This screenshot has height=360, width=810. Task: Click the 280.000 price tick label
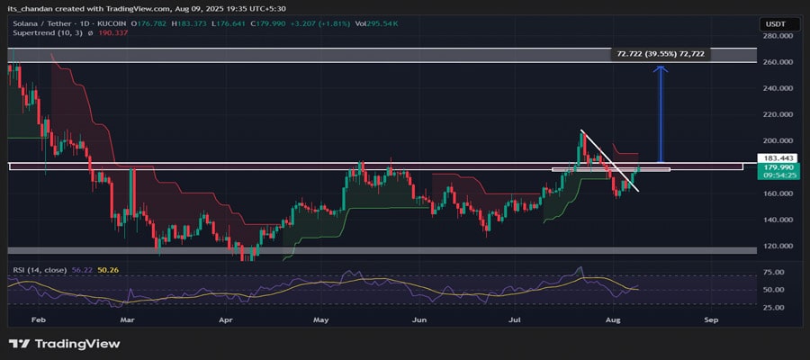(x=775, y=36)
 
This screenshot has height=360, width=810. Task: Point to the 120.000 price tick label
(x=775, y=246)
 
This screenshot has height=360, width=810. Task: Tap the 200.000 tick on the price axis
(x=775, y=141)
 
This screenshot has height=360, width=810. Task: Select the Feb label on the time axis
(x=37, y=319)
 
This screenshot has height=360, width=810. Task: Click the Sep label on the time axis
(x=711, y=319)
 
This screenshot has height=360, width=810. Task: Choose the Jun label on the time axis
(x=418, y=319)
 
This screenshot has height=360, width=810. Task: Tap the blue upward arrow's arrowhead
(x=661, y=69)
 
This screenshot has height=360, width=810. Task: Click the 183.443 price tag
(x=774, y=159)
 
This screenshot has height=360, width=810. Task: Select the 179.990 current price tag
(x=774, y=168)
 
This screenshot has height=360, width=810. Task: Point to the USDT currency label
(x=774, y=23)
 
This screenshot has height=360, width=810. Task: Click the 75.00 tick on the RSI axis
(x=771, y=272)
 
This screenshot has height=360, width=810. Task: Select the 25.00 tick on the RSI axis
(x=771, y=307)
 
